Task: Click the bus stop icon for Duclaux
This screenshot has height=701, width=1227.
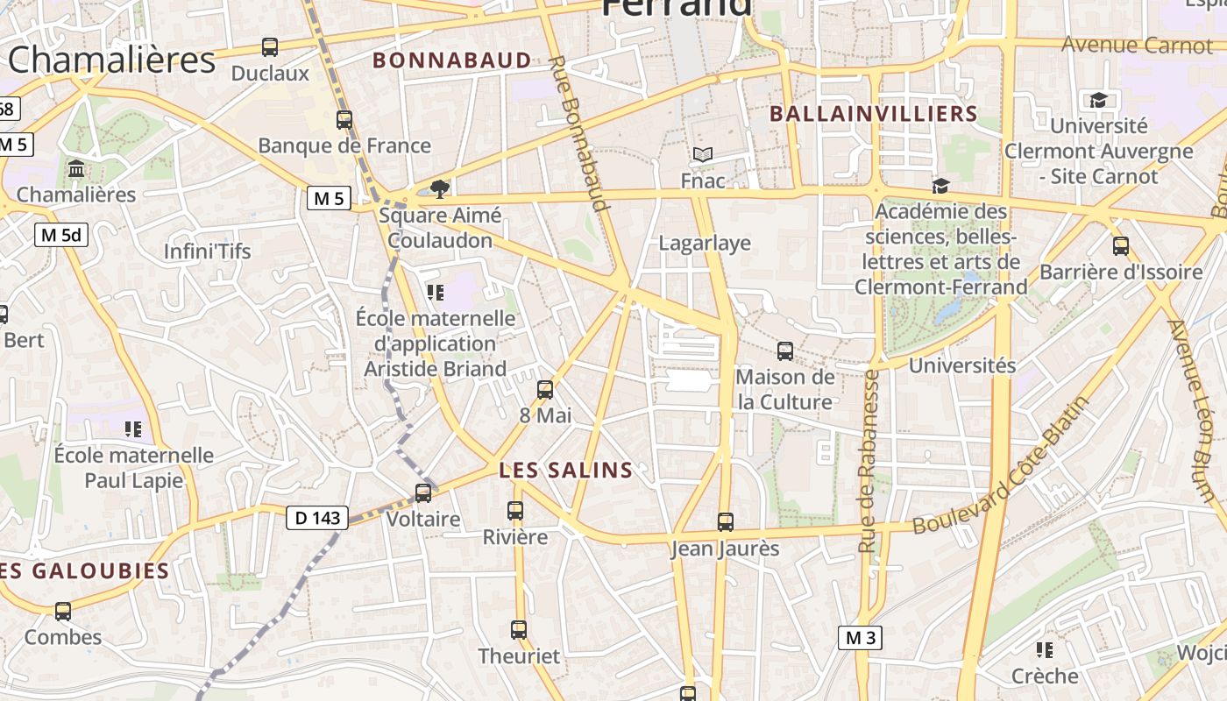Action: point(270,47)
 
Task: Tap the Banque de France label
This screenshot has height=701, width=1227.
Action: point(344,145)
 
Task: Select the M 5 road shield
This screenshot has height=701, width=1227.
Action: point(329,198)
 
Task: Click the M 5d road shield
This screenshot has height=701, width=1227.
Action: point(61,235)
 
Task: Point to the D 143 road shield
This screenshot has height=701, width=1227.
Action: point(317,518)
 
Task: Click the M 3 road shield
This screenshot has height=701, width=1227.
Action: point(860,638)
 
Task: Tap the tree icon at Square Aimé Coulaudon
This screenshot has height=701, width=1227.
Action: point(440,189)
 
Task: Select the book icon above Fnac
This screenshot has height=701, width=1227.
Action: point(703,155)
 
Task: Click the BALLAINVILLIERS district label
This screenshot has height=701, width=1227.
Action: point(873,114)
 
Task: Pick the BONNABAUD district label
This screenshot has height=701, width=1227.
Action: point(452,60)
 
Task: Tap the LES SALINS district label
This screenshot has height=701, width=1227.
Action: point(566,471)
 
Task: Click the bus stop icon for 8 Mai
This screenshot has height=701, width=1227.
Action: point(545,390)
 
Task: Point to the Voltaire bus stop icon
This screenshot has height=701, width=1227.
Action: point(423,493)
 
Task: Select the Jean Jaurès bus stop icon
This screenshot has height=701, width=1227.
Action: point(726,522)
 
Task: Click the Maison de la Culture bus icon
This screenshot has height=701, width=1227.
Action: point(785,351)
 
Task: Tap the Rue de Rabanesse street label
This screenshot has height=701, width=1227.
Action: point(869,461)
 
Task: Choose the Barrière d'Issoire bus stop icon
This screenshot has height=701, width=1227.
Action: point(1121,246)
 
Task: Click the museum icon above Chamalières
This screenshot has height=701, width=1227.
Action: point(76,167)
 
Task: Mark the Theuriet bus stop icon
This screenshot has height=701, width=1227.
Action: point(519,629)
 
